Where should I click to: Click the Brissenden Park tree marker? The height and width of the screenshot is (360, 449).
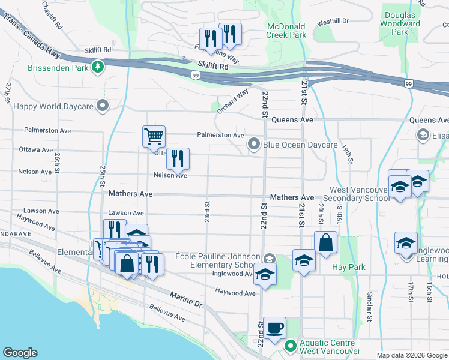pyautogui.click(x=96, y=67)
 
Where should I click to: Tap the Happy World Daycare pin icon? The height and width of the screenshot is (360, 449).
pyautogui.click(x=103, y=106)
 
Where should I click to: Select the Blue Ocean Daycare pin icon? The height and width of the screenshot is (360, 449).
pyautogui.click(x=254, y=144)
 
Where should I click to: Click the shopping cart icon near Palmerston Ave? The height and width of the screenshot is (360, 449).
pyautogui.click(x=154, y=136)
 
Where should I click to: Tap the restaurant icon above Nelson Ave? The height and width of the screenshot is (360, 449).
pyautogui.click(x=178, y=158)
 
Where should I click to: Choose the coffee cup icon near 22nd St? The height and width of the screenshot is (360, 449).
pyautogui.click(x=274, y=328)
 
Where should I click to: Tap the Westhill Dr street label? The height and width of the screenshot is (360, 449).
pyautogui.click(x=333, y=22)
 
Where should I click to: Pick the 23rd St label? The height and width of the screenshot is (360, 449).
pyautogui.click(x=207, y=212)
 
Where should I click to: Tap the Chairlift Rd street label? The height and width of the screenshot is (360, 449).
pyautogui.click(x=52, y=16)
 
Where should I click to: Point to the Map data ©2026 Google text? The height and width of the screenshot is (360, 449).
pyautogui.click(x=412, y=355)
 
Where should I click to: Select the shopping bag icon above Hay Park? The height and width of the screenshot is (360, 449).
pyautogui.click(x=325, y=243)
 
